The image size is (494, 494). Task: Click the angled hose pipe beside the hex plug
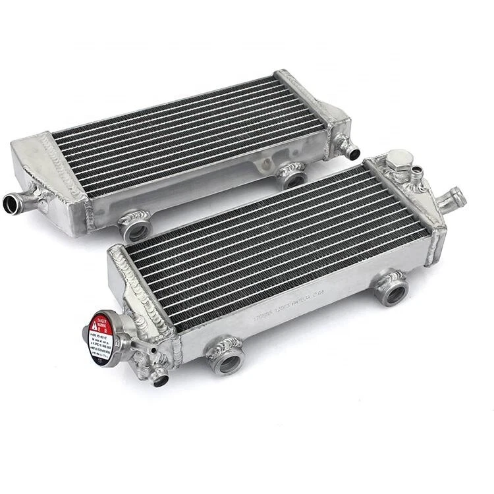(454, 196)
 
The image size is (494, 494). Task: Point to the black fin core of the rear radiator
(191, 138)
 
